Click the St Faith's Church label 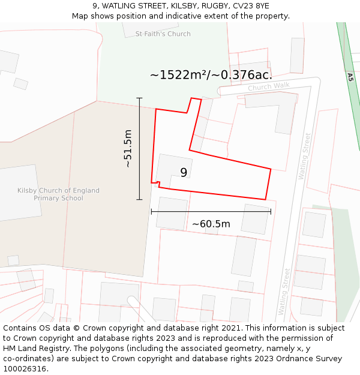pos(163,34)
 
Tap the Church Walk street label pos(268,87)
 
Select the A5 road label pos(350,77)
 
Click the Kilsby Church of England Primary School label pos(58,194)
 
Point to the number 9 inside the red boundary pos(184,173)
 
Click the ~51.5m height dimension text pos(127,148)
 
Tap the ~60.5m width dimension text pos(211,224)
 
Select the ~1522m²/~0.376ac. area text pos(211,75)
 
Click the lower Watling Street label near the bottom pos(283,292)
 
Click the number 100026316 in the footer pos(24,369)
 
